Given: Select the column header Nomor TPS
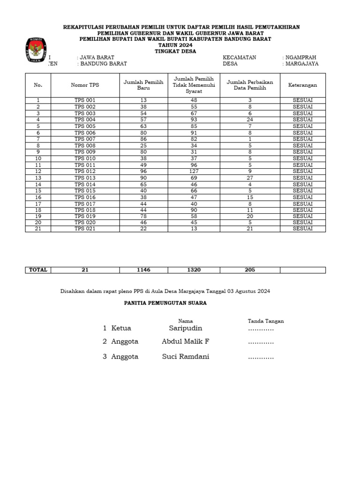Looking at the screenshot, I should pyautogui.click(x=85, y=85).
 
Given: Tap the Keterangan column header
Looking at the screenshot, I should pyautogui.click(x=302, y=85).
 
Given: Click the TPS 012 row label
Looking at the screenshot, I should pyautogui.click(x=85, y=171).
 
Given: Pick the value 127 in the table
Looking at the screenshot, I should pyautogui.click(x=194, y=171).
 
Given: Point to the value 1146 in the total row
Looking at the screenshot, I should pyautogui.click(x=143, y=270).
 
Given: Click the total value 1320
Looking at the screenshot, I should pyautogui.click(x=194, y=270).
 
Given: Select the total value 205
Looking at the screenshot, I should pyautogui.click(x=249, y=270).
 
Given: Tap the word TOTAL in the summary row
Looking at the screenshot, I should pyautogui.click(x=38, y=270).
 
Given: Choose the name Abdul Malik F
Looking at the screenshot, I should pyautogui.click(x=186, y=342).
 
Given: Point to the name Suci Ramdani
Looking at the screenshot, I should pyautogui.click(x=186, y=357).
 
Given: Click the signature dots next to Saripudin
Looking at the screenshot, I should pyautogui.click(x=261, y=329).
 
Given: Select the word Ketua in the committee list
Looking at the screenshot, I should pyautogui.click(x=121, y=328).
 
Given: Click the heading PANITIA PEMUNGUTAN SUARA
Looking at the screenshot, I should pyautogui.click(x=165, y=303).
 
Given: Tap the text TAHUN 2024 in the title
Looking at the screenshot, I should pyautogui.click(x=175, y=45).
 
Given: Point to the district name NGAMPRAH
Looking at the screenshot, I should pyautogui.click(x=301, y=57).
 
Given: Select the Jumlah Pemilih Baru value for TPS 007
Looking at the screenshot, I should pyautogui.click(x=143, y=139).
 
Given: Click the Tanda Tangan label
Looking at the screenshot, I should pyautogui.click(x=265, y=321).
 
